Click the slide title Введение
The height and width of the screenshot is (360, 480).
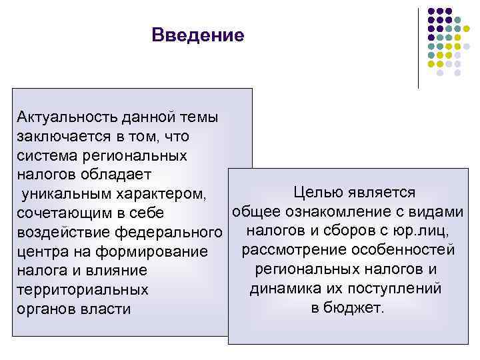[198, 34]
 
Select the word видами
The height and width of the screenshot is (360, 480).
[440, 212]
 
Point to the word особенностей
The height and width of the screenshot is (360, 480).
[401, 250]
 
